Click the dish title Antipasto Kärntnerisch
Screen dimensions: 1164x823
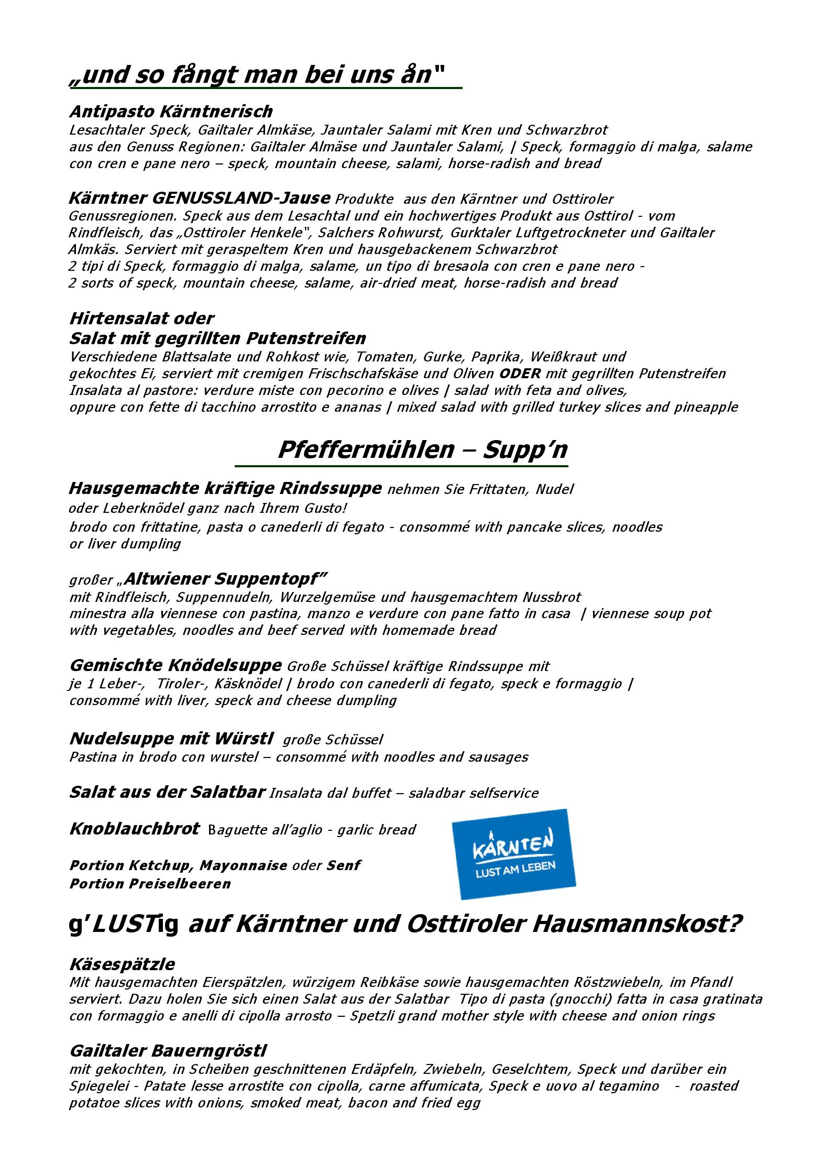[x=171, y=112]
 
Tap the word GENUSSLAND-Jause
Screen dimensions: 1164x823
[x=241, y=199]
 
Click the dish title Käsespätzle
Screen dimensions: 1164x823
[x=122, y=964]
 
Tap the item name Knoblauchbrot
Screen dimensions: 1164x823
[x=134, y=829]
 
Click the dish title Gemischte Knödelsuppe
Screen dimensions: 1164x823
[x=175, y=665]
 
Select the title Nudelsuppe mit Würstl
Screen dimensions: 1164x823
[x=171, y=739]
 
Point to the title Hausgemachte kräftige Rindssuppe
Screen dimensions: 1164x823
[x=225, y=488]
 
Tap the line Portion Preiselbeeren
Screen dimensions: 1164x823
[x=150, y=883]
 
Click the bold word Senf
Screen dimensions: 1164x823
[x=343, y=865]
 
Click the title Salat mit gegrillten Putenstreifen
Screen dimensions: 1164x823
[x=217, y=338]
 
